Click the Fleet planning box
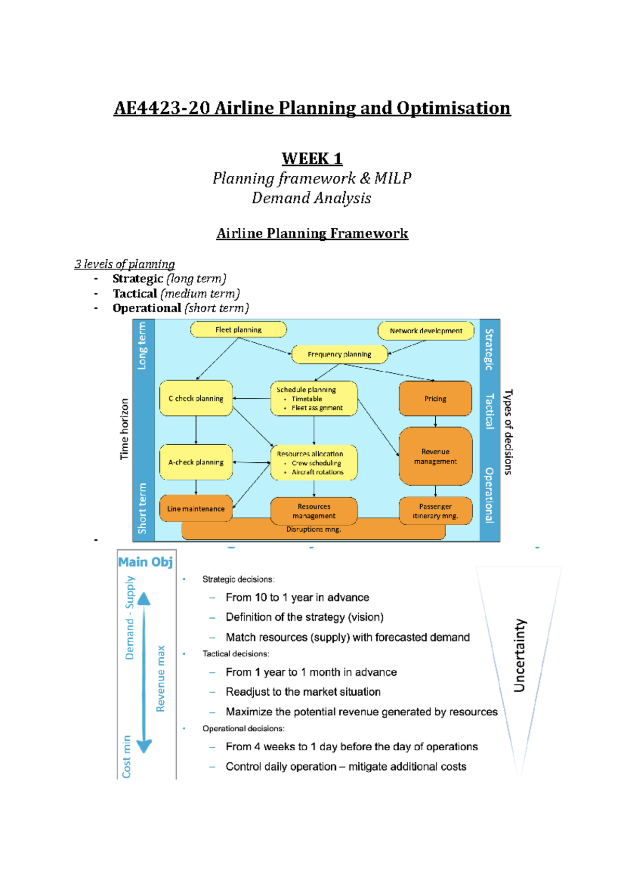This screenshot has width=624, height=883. click(x=239, y=330)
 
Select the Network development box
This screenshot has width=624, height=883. click(x=426, y=331)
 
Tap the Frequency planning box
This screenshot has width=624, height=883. click(x=340, y=355)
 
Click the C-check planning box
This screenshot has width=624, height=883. click(x=196, y=399)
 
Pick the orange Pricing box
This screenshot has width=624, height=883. click(x=435, y=399)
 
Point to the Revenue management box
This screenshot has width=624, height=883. click(x=435, y=457)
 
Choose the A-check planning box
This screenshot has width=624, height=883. click(x=196, y=462)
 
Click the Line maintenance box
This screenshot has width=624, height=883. click(x=196, y=509)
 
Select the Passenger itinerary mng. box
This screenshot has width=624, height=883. click(x=435, y=511)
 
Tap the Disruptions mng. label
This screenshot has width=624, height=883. click(x=314, y=529)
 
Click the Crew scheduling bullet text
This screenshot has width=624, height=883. click(x=316, y=463)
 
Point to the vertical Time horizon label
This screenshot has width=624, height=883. click(x=124, y=429)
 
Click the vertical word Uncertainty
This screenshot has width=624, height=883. click(x=519, y=655)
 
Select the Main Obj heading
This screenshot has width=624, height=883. click(x=146, y=562)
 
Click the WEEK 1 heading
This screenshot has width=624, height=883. click(x=312, y=159)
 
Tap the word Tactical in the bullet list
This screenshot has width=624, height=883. click(x=135, y=294)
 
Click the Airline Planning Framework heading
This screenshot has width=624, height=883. click(x=312, y=233)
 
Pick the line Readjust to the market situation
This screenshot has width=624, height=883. click(x=303, y=692)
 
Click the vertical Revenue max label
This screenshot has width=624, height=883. click(x=161, y=679)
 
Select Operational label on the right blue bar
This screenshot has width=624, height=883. click(x=489, y=495)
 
